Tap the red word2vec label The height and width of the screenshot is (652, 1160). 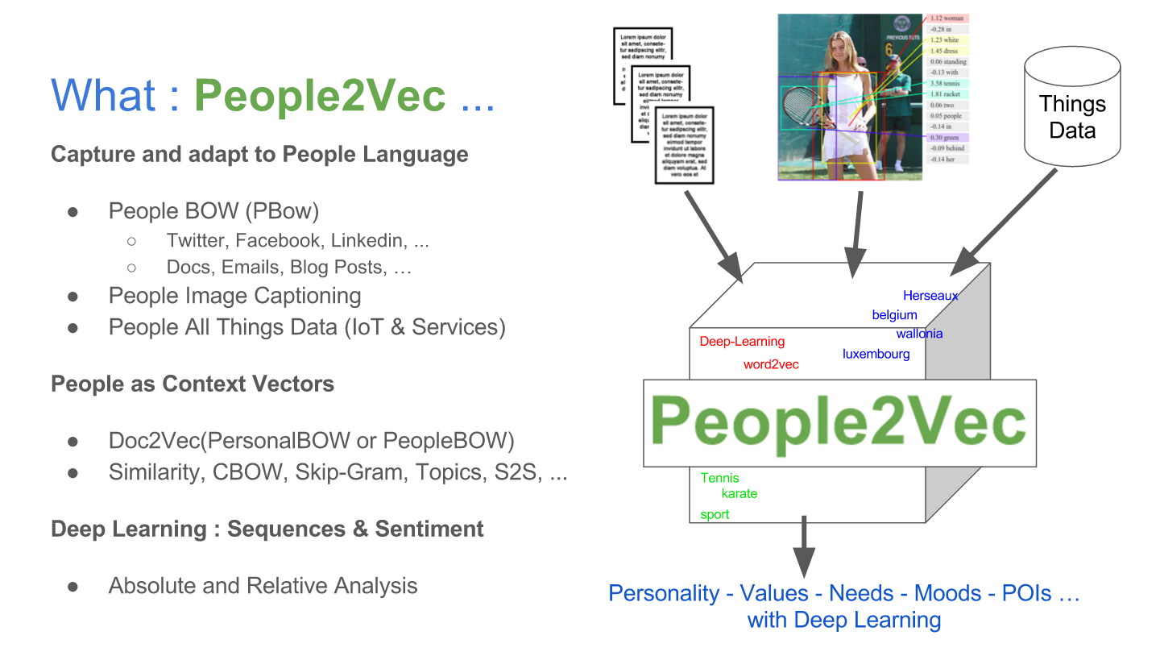tap(771, 364)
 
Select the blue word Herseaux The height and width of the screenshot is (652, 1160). tap(930, 296)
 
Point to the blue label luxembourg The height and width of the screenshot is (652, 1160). tap(876, 354)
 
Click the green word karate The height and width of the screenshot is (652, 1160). tap(739, 493)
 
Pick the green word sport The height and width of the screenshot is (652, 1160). tap(715, 514)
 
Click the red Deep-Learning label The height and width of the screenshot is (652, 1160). tap(742, 342)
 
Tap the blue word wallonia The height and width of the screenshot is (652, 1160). tap(919, 334)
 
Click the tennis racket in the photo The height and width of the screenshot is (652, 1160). tap(802, 104)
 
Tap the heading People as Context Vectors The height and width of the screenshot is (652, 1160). tap(193, 384)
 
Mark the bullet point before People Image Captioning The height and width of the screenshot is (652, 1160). tap(72, 297)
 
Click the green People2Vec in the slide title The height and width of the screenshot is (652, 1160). tap(320, 96)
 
